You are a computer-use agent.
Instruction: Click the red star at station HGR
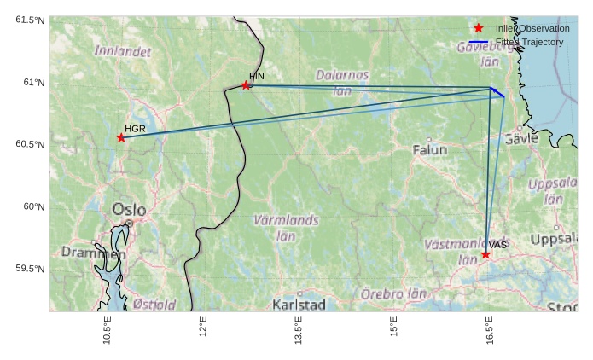coord(121,137)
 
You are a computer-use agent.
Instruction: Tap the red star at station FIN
coord(246,85)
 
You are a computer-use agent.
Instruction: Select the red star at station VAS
coord(485,254)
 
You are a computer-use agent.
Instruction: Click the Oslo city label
coord(129,210)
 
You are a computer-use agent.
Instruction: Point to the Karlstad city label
coord(299,305)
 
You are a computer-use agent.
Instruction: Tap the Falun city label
coord(429,150)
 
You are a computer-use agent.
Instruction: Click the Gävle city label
coord(520,137)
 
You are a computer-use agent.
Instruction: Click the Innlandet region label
coord(122,51)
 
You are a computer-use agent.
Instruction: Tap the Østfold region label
coord(154,305)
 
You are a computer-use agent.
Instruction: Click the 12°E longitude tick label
coord(202,328)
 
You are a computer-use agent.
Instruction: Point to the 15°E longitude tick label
coord(393,328)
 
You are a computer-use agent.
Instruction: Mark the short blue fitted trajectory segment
coord(497,92)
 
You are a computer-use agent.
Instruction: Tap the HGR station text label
coord(135,129)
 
